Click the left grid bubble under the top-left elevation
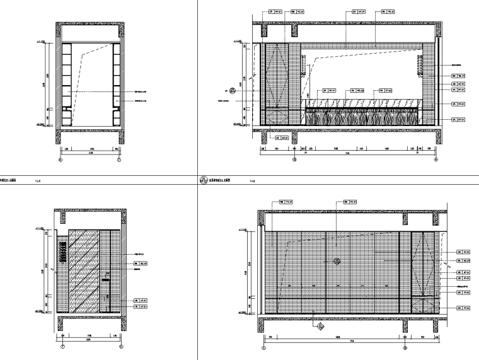(x=61, y=160)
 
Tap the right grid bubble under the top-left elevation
(x=118, y=160)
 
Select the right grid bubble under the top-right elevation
(x=436, y=160)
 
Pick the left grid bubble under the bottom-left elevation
(x=63, y=346)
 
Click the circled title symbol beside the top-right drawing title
(x=204, y=179)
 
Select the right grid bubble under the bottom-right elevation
(x=405, y=346)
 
